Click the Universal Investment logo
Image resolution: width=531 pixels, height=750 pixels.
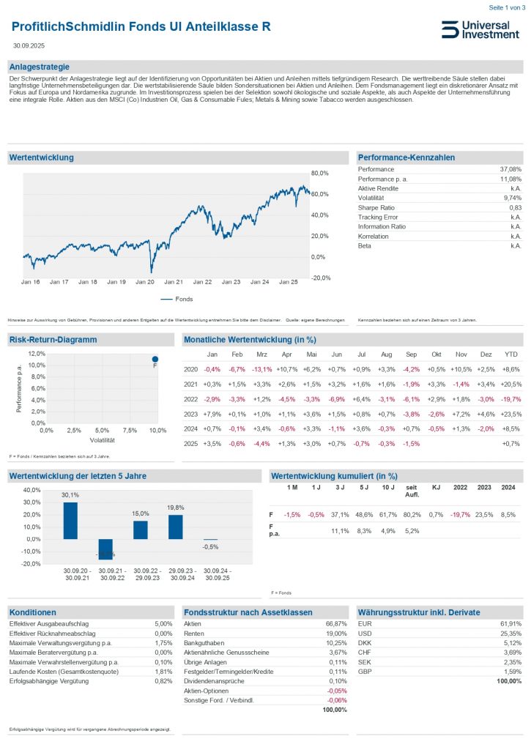(480, 29)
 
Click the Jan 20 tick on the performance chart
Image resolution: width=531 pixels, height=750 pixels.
(145, 281)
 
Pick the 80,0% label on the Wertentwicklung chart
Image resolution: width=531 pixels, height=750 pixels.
(321, 173)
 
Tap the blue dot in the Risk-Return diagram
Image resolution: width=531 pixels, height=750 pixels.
(155, 359)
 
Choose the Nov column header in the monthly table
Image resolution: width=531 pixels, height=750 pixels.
(461, 354)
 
